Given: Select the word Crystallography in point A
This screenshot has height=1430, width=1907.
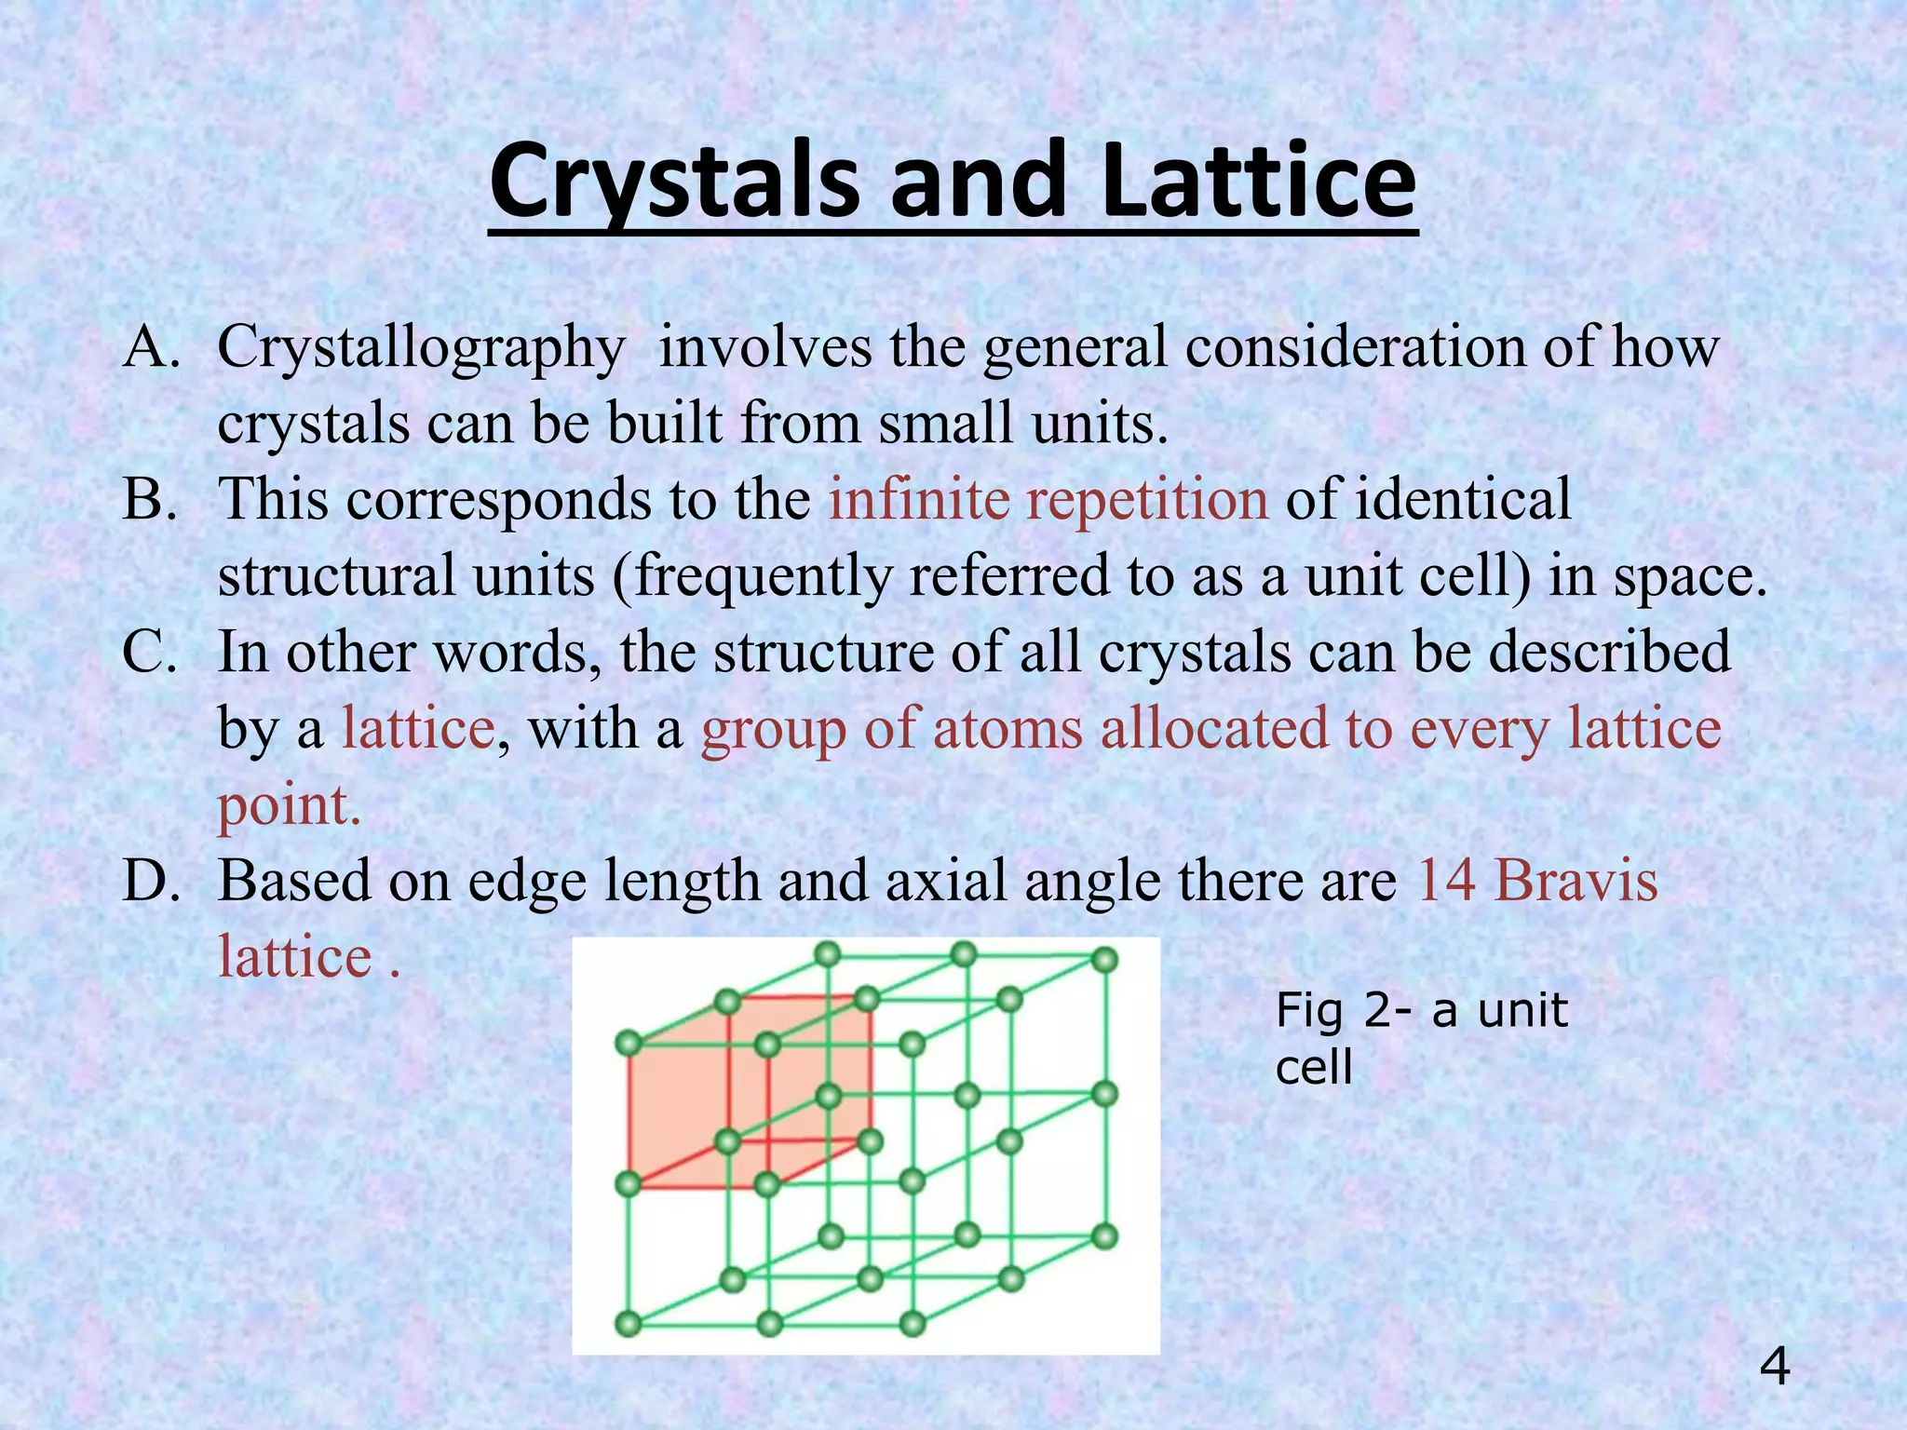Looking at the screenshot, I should pos(421,348).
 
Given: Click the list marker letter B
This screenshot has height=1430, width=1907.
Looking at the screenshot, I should pos(149,500).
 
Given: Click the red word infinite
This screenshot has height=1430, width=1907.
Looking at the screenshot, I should pos(919,499).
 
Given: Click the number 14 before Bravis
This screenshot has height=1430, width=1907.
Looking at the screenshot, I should pos(1446,880).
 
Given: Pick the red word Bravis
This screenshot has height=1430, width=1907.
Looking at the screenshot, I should pos(1576,880).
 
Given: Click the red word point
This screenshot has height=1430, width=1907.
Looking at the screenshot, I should pos(288,806).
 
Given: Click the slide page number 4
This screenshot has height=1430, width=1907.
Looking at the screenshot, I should pos(1775,1368).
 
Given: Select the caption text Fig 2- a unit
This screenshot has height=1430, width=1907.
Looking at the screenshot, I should pos(1421,1010).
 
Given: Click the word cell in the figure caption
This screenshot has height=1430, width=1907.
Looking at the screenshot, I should pos(1313,1068).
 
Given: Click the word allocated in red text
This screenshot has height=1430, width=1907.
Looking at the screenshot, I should pos(1214,728).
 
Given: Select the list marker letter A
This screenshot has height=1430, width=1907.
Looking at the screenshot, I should pos(150,348).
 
